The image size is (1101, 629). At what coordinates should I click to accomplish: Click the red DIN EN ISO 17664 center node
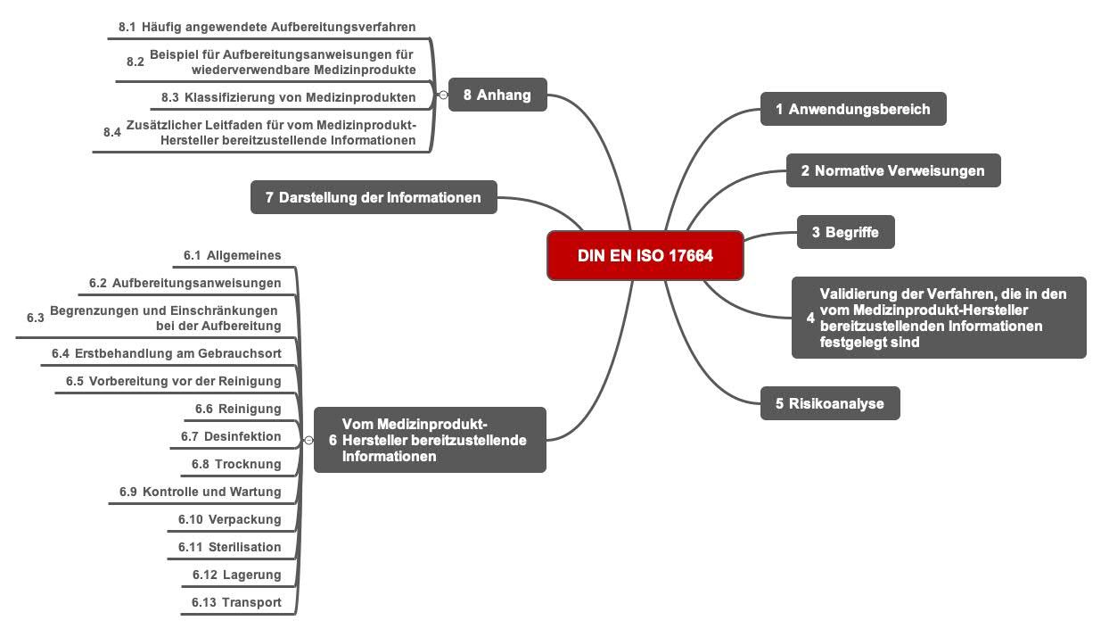tap(645, 255)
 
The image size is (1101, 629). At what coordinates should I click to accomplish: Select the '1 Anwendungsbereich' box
tap(853, 109)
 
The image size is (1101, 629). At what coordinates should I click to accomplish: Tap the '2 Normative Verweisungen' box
tap(893, 170)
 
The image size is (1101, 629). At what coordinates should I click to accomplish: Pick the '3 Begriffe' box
tap(845, 232)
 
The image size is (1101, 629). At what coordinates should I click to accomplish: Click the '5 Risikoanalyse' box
tap(830, 403)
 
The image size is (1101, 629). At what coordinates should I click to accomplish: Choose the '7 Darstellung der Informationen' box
tap(374, 197)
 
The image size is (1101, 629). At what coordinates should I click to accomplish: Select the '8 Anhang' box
tap(497, 95)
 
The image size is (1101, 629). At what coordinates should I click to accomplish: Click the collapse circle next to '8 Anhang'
tap(443, 95)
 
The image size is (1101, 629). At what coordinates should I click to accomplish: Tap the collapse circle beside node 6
tap(308, 440)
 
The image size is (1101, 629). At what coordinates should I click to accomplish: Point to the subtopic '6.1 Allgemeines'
tap(233, 255)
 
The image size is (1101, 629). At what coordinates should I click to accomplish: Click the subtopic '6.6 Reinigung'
tap(238, 409)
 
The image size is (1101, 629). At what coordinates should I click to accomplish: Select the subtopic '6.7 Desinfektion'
tap(231, 436)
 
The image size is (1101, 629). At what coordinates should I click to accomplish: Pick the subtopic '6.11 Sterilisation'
tap(229, 547)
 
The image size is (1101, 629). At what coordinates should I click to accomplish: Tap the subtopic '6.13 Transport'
tap(236, 602)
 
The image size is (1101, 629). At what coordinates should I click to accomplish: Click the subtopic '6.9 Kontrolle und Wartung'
tap(201, 492)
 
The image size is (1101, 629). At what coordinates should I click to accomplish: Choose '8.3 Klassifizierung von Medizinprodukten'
tap(289, 97)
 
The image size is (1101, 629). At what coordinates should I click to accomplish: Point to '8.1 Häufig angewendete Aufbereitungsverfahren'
tap(267, 27)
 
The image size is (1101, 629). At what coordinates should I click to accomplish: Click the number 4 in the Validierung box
tap(810, 318)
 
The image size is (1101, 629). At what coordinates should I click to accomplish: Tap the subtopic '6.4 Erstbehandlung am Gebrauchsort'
tap(167, 353)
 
